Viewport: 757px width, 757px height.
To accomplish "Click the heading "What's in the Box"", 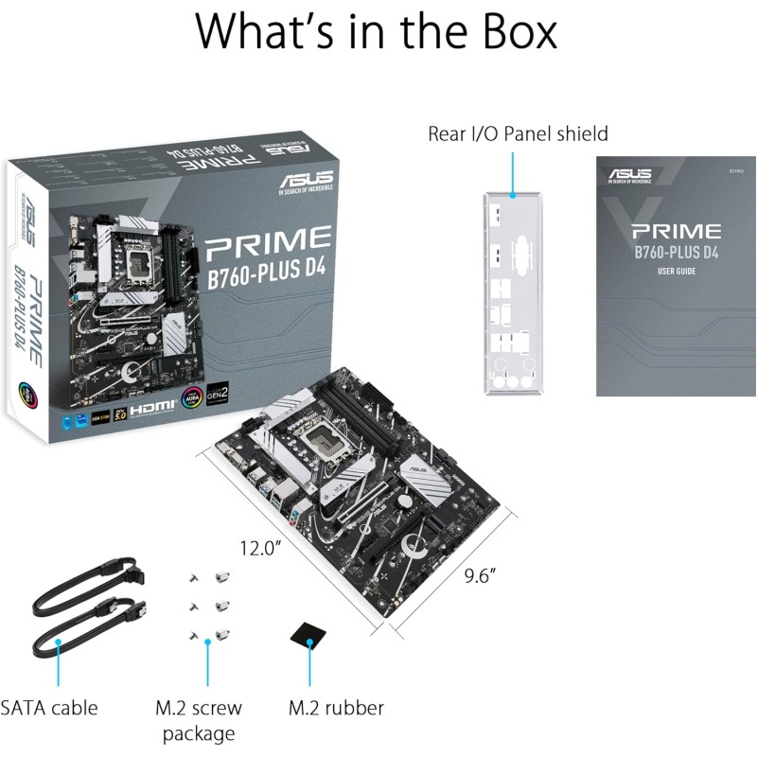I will pyautogui.click(x=377, y=32).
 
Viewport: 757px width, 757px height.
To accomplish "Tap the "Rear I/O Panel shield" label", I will pyautogui.click(x=518, y=133).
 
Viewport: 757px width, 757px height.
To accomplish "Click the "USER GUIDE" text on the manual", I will pyautogui.click(x=677, y=273).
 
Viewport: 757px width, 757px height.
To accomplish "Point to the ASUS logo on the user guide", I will pyautogui.click(x=629, y=175).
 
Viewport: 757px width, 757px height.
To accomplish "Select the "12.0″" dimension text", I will pyautogui.click(x=260, y=547).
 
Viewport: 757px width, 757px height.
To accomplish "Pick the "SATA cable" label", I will pyautogui.click(x=49, y=708).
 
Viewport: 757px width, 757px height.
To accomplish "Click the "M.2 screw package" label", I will pyautogui.click(x=199, y=720).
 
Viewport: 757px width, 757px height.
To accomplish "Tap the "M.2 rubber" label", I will pyautogui.click(x=336, y=708).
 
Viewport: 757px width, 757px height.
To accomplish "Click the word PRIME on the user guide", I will pyautogui.click(x=677, y=231).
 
